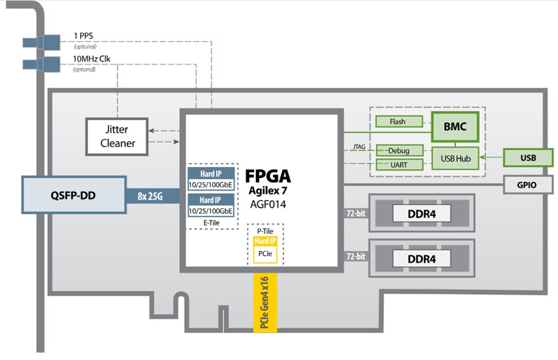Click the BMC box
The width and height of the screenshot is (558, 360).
click(455, 127)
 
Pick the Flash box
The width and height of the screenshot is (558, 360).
click(397, 122)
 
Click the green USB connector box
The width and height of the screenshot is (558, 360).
click(528, 158)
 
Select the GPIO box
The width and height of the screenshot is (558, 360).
click(527, 185)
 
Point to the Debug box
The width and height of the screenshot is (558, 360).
click(397, 150)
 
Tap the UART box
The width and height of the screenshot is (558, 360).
click(397, 165)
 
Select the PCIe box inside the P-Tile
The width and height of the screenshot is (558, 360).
click(265, 253)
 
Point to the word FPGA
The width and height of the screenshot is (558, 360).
click(267, 177)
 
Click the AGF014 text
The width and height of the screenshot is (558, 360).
click(267, 204)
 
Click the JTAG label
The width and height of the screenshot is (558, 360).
click(358, 146)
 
